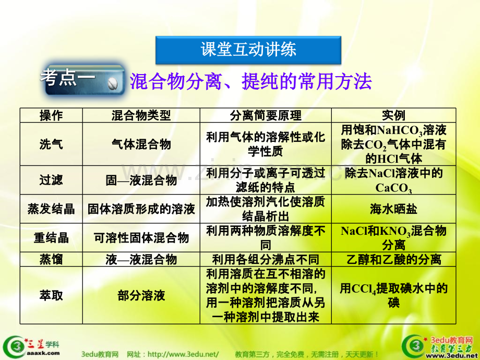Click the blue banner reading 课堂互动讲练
248,50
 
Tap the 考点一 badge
83,79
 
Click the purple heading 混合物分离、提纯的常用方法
251,81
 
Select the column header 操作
51,116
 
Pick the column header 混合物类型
141,116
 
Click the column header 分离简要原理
266,116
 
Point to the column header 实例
394,116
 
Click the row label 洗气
51,144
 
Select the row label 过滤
51,180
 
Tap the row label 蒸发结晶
51,209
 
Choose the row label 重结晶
51,238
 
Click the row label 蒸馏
51,260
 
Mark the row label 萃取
51,295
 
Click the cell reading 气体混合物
141,144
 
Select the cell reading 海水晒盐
394,209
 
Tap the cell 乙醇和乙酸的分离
394,260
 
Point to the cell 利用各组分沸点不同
266,260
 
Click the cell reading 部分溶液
141,295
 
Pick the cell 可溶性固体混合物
141,238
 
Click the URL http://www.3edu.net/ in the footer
183,354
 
